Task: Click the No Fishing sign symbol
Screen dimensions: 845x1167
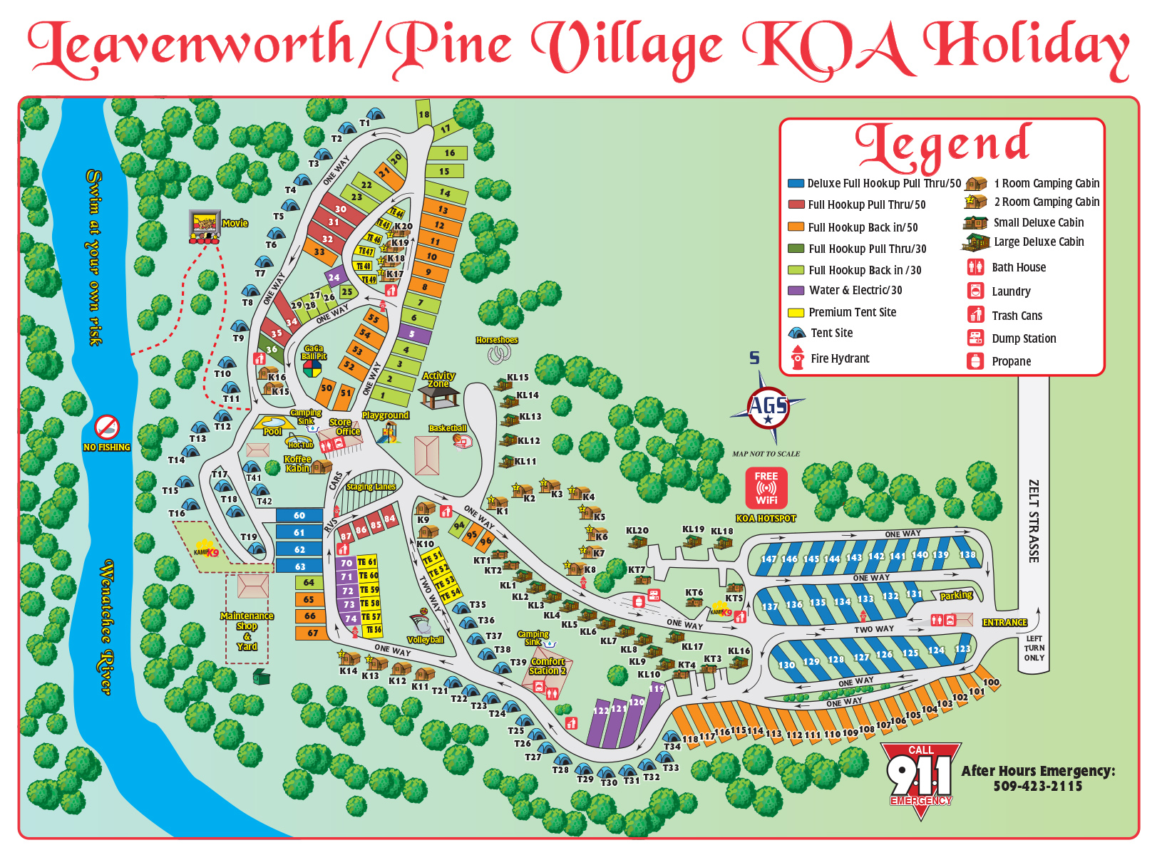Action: (107, 427)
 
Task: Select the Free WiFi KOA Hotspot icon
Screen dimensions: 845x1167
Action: (766, 488)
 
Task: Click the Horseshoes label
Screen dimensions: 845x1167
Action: (497, 340)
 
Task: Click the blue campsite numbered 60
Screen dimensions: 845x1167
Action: (299, 515)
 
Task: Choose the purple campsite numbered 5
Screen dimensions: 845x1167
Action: (412, 333)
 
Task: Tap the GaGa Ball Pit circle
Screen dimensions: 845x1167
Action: (312, 368)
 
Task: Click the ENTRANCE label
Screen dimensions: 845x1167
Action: (1004, 622)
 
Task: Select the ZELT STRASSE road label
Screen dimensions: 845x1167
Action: (1033, 520)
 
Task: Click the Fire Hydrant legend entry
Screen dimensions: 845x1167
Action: (839, 358)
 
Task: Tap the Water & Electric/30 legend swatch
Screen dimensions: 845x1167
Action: (796, 291)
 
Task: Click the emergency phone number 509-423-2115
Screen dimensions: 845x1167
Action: (1037, 787)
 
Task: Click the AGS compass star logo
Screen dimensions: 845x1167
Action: (768, 407)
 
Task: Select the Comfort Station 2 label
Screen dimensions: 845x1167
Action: (547, 666)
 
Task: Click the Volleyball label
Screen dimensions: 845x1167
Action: (426, 640)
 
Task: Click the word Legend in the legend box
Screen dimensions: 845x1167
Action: (942, 145)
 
